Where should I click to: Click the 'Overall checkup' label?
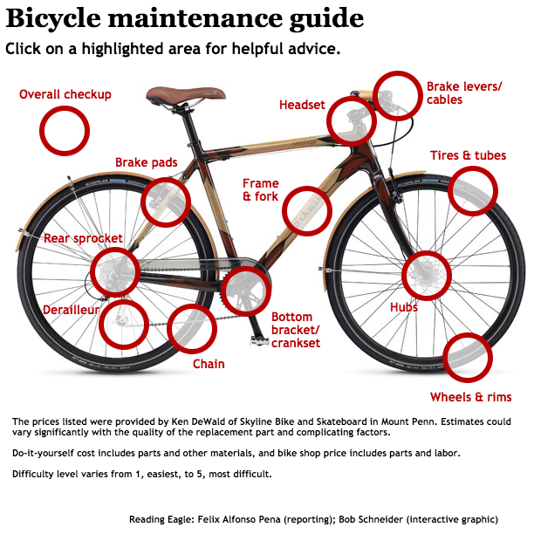[x=65, y=94]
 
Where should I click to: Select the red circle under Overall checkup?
[x=65, y=131]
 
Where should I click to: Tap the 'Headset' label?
[x=302, y=106]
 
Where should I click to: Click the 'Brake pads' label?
[x=147, y=162]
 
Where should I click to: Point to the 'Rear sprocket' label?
[x=83, y=238]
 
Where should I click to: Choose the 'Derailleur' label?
[x=72, y=310]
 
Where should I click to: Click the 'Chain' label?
[x=209, y=364]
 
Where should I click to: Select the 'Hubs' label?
[x=404, y=307]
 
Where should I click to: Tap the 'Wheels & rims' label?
[x=470, y=397]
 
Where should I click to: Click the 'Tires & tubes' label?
[x=468, y=156]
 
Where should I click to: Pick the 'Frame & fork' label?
[x=261, y=190]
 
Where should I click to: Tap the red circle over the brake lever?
[x=399, y=95]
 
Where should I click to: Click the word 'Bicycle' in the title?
[x=53, y=18]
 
